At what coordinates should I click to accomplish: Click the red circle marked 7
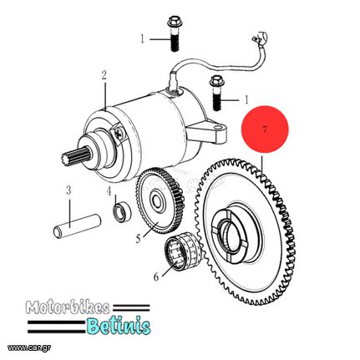[265, 129]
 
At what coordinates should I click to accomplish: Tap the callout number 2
[104, 75]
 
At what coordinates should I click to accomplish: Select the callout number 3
[68, 190]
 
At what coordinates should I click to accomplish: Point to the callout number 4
[109, 190]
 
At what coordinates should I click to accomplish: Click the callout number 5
[139, 239]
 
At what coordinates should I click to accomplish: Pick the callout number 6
[156, 276]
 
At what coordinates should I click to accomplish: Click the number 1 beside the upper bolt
[143, 39]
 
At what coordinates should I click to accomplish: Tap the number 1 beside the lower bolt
[246, 99]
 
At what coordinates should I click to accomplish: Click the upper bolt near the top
[174, 34]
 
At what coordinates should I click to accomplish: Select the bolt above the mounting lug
[217, 94]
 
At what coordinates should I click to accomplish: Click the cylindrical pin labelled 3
[77, 226]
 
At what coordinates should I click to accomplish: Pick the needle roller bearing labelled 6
[183, 251]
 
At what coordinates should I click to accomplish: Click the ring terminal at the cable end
[261, 37]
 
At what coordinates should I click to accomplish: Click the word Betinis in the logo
[118, 326]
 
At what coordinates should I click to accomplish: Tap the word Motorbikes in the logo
[68, 307]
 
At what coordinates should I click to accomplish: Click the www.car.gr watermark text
[29, 347]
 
